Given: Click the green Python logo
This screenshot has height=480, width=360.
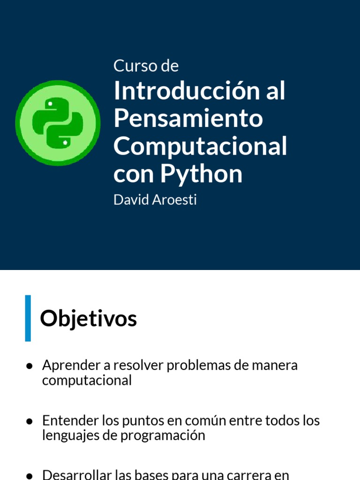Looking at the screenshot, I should click(58, 123).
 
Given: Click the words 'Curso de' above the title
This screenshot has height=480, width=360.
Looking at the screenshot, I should click(146, 66).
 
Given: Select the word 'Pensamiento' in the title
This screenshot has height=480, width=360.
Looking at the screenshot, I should click(188, 119).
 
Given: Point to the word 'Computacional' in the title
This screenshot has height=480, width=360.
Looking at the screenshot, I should click(200, 146).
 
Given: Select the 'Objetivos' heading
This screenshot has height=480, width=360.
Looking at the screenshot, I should click(88, 319).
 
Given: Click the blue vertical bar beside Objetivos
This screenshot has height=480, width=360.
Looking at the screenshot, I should click(28, 318).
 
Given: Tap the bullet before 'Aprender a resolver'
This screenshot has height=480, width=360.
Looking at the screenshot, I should click(29, 365).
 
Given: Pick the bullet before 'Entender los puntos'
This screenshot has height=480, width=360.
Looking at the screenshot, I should click(29, 421).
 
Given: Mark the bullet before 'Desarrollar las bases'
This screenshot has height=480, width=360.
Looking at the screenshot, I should click(29, 475).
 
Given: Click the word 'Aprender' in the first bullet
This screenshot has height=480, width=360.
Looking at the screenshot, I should click(71, 365).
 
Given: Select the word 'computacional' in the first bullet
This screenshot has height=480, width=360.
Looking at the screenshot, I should click(87, 380).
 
